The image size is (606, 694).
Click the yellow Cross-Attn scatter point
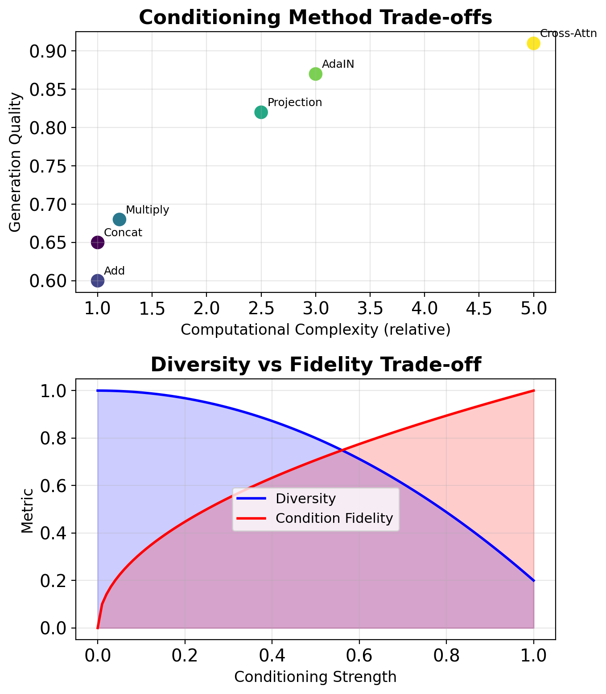point(533,43)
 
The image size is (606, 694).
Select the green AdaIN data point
point(315,74)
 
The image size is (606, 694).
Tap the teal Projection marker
point(261,112)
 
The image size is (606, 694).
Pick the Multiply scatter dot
point(119,219)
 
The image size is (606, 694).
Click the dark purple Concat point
point(98,242)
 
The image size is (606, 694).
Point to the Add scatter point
point(98,281)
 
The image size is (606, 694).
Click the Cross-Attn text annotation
point(568,34)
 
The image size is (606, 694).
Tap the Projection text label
point(295,103)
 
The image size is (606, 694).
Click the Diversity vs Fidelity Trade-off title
point(315,365)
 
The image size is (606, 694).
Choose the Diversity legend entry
point(305,499)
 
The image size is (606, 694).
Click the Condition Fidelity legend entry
point(334,518)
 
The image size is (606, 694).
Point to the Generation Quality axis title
point(16,162)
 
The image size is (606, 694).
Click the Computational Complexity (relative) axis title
point(315,330)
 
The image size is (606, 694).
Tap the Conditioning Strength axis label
point(315,677)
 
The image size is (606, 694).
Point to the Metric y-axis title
point(27,511)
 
